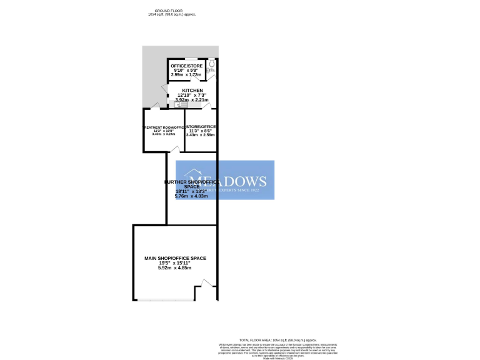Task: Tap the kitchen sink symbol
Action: click(174, 104)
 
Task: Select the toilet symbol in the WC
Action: click(212, 64)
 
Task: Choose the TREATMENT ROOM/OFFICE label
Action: click(164, 127)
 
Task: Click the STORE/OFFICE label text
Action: click(202, 127)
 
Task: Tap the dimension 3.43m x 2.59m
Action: click(201, 135)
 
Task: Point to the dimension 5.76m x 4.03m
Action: click(191, 196)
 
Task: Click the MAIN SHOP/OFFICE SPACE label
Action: click(175, 258)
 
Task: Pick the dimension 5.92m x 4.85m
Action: click(175, 267)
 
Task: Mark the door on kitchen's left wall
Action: click(167, 91)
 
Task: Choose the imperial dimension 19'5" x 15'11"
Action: click(175, 263)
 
